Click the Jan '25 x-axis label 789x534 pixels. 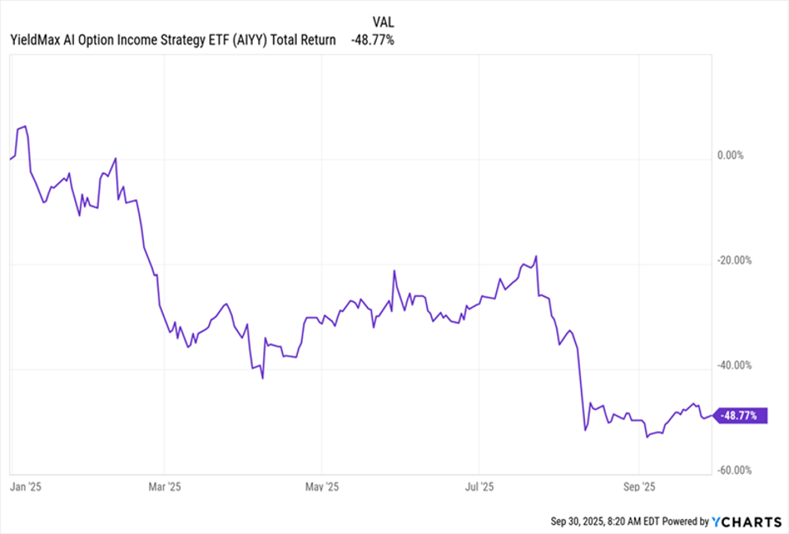26,485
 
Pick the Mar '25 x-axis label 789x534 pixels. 165,485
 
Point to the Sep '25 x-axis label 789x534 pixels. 638,485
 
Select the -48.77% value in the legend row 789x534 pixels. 372,39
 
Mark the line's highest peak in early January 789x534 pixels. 26,127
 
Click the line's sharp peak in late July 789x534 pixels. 536,256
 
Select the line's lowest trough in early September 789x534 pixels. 647,438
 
